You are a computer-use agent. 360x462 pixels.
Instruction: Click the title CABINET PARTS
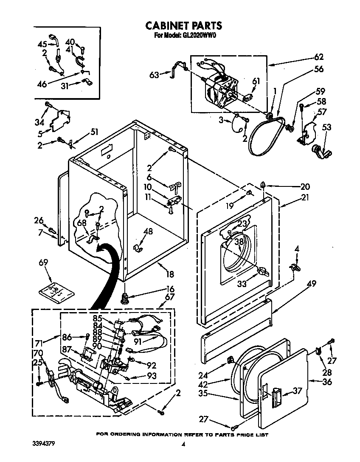tap(183, 25)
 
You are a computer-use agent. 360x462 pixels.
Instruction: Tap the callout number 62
tap(318, 57)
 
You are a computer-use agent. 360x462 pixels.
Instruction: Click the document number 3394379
tap(44, 443)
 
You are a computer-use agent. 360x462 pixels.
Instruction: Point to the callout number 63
tap(154, 75)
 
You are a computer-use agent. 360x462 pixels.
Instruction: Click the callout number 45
tap(42, 44)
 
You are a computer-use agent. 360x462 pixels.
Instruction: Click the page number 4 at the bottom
tap(183, 444)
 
